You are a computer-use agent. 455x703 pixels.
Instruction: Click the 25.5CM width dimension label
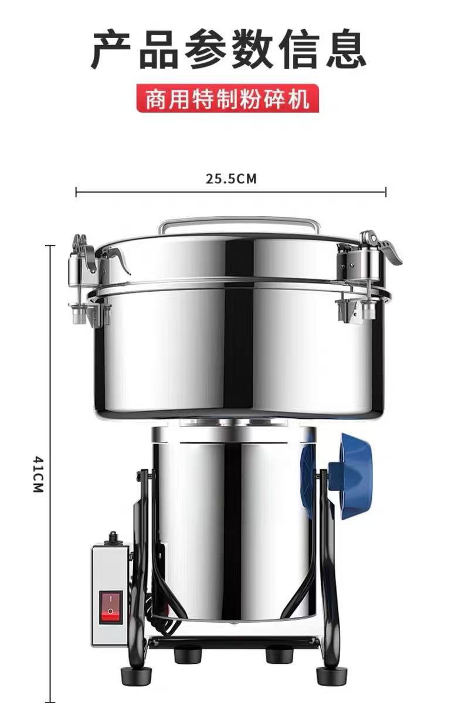231,179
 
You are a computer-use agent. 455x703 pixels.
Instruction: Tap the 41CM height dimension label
39,475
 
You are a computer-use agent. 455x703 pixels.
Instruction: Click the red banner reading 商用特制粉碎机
227,99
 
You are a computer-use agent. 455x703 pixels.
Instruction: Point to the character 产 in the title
111,49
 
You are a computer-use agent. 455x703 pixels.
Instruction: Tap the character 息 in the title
345,49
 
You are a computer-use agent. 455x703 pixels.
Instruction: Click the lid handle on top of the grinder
240,224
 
